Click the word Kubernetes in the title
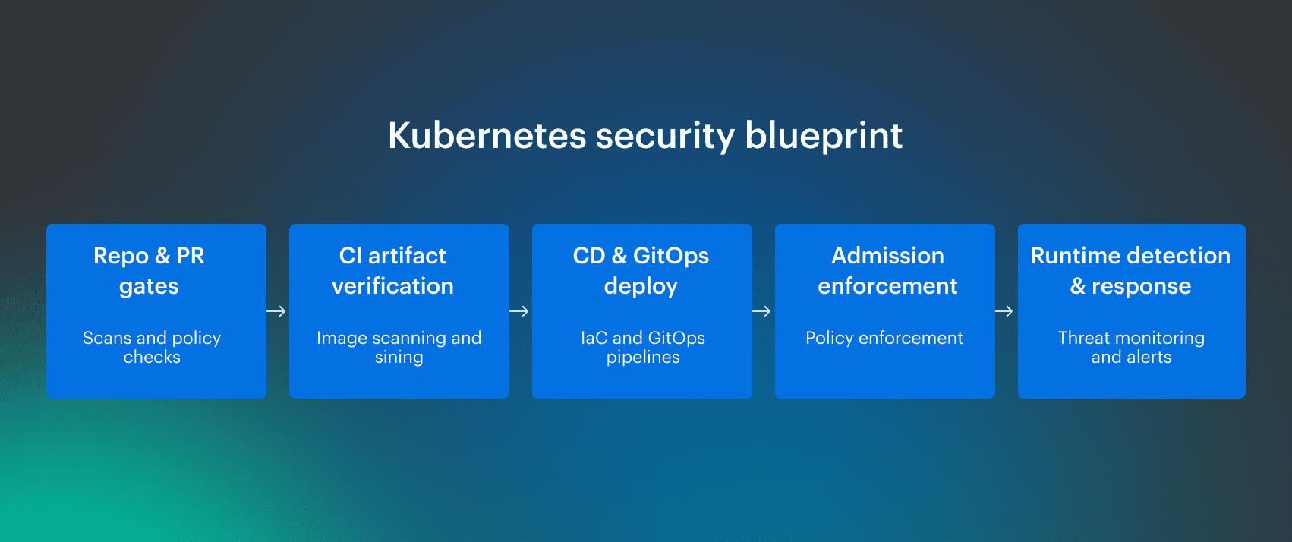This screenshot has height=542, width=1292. pos(487,136)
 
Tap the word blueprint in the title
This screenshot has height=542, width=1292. pos(823,136)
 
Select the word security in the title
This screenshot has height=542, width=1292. pos(665,136)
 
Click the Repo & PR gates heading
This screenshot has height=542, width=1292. pos(149,271)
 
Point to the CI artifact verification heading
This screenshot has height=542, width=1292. pos(392,271)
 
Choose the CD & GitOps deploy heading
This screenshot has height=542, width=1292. pos(641,271)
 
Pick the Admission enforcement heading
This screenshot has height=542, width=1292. pos(887,271)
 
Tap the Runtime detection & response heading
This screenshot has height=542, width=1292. pos(1130,271)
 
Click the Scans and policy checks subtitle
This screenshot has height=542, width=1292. pos(152,347)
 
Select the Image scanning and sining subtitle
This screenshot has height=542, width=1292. pos(399,347)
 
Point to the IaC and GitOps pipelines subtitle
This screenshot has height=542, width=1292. pos(643,347)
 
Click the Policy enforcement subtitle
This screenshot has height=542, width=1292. pos(884,338)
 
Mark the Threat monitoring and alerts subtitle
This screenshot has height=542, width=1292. pos(1131,347)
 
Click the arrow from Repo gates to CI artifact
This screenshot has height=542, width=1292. pos(276,311)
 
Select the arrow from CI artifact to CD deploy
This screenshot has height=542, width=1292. pos(519,311)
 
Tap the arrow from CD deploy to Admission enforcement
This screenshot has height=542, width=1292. pos(761,311)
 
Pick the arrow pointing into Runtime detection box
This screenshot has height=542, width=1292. pos(1004,311)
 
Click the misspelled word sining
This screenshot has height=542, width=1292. pos(399,357)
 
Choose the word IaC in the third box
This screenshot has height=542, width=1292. pos(594,338)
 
